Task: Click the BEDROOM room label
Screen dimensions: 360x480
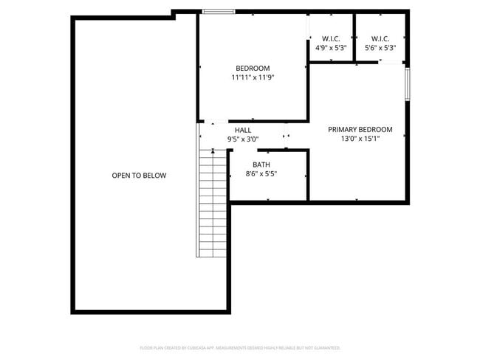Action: tap(253, 68)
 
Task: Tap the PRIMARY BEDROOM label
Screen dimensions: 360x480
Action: tap(360, 129)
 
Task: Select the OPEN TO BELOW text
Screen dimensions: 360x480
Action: tap(139, 176)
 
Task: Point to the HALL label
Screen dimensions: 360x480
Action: tap(243, 130)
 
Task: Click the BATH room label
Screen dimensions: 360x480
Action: tap(261, 165)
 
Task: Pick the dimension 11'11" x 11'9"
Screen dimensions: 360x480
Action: tap(253, 77)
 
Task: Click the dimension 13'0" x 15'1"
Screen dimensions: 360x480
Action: tap(360, 139)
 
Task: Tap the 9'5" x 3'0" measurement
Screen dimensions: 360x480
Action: tap(243, 139)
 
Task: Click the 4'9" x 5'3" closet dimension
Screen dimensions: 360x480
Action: tap(331, 48)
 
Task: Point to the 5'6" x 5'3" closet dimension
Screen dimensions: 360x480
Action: tap(380, 48)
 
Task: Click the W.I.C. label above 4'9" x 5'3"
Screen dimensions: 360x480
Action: tap(331, 38)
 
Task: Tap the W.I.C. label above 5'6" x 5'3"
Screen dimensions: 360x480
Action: tap(380, 38)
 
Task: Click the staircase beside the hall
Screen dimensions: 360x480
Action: tap(212, 203)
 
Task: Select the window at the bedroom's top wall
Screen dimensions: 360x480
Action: tap(219, 11)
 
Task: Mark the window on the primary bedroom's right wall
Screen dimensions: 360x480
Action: tap(407, 83)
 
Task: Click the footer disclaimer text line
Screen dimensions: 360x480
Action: tap(240, 347)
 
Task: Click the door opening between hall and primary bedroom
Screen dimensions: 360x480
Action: tap(287, 136)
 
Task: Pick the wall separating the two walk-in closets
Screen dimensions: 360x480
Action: tap(354, 37)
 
